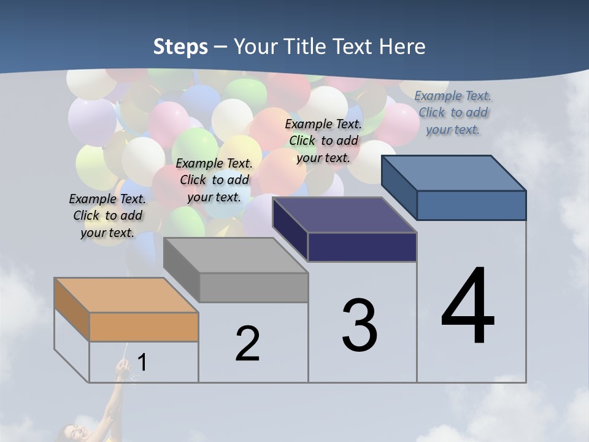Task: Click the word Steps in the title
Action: point(180,47)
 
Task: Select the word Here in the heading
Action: point(402,47)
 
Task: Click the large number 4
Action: point(468,306)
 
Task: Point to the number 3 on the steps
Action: point(359,325)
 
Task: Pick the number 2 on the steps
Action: point(247,343)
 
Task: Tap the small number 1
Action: point(142,362)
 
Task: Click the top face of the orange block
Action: point(126,295)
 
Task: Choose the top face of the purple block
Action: point(344,215)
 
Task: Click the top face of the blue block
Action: point(453,173)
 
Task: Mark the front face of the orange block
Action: point(144,327)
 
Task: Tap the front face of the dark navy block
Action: point(362,247)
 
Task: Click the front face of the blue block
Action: point(471,205)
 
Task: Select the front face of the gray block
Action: point(253,287)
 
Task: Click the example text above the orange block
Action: point(107,215)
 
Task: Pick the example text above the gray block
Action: point(214,180)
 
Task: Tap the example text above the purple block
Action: point(323,141)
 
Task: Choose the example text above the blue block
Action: point(453,112)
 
